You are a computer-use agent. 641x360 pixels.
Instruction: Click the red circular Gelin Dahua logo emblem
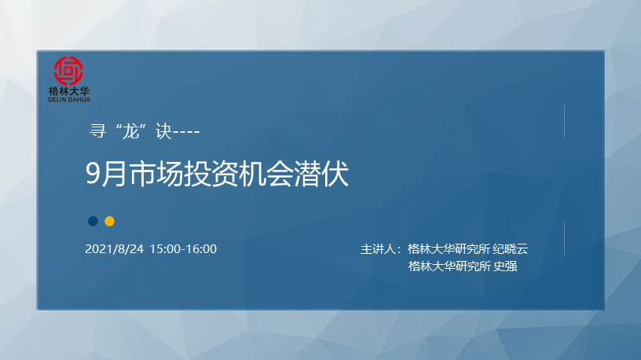tap(68, 71)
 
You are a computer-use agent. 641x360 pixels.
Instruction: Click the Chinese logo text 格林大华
tap(68, 91)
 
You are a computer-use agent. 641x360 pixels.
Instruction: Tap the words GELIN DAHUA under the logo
tap(68, 99)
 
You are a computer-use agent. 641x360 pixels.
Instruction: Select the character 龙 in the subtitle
tap(131, 131)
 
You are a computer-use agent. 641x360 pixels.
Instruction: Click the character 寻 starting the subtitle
tap(97, 131)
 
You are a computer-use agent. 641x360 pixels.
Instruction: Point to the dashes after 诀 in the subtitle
tap(186, 132)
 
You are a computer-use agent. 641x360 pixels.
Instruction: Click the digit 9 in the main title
tap(93, 174)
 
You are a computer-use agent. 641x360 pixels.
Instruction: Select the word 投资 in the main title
tap(211, 174)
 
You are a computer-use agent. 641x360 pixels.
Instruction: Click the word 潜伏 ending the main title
tap(321, 174)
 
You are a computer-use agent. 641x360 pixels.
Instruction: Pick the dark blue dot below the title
tap(93, 222)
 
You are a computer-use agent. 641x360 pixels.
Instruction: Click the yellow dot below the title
tap(109, 222)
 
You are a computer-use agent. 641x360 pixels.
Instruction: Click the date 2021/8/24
tap(115, 248)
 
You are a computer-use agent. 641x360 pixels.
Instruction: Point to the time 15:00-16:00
tap(183, 248)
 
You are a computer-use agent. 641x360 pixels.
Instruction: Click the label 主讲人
tap(378, 248)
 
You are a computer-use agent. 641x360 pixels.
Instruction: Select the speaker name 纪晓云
tap(510, 248)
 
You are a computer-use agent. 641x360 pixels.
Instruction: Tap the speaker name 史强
tap(505, 266)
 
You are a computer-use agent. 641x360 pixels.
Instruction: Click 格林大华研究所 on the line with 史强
tap(449, 266)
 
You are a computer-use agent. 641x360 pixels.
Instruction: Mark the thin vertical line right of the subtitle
tap(564, 122)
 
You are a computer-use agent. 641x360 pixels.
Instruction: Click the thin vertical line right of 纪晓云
tap(564, 238)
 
